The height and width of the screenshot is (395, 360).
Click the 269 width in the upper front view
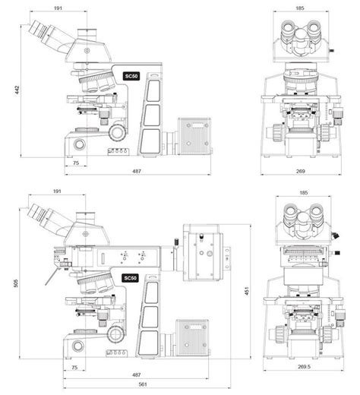tap(302, 172)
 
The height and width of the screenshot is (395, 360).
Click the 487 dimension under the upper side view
tap(137, 172)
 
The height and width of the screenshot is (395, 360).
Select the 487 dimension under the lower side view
tap(137, 375)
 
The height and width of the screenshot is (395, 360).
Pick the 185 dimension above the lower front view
tap(302, 193)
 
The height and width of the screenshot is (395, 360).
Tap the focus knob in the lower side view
tap(117, 333)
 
